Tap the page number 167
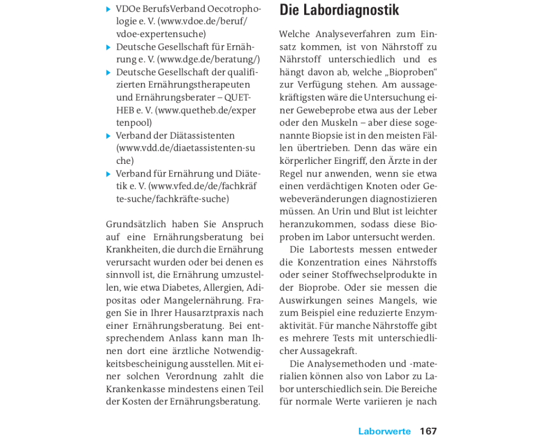coord(428,431)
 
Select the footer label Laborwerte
coord(384,431)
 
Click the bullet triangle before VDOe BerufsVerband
coord(109,9)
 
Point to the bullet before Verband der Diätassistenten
coord(109,135)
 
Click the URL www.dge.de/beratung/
coord(209,60)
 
